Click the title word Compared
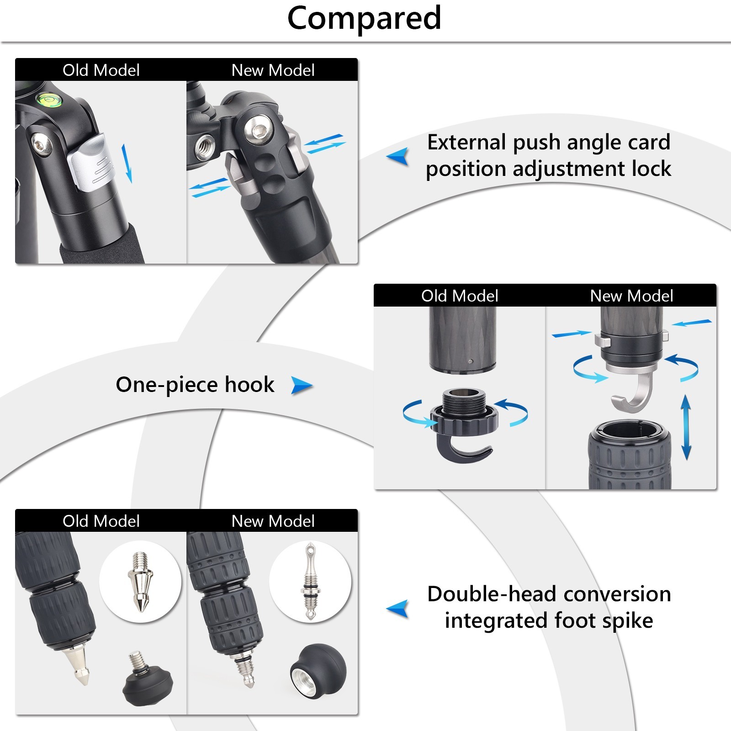click(x=364, y=18)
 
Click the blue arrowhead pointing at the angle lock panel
click(x=398, y=157)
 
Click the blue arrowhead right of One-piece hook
click(x=302, y=386)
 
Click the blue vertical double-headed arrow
click(x=686, y=427)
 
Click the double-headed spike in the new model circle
click(x=310, y=581)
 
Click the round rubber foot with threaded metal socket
click(x=312, y=671)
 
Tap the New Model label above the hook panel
click(x=631, y=296)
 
